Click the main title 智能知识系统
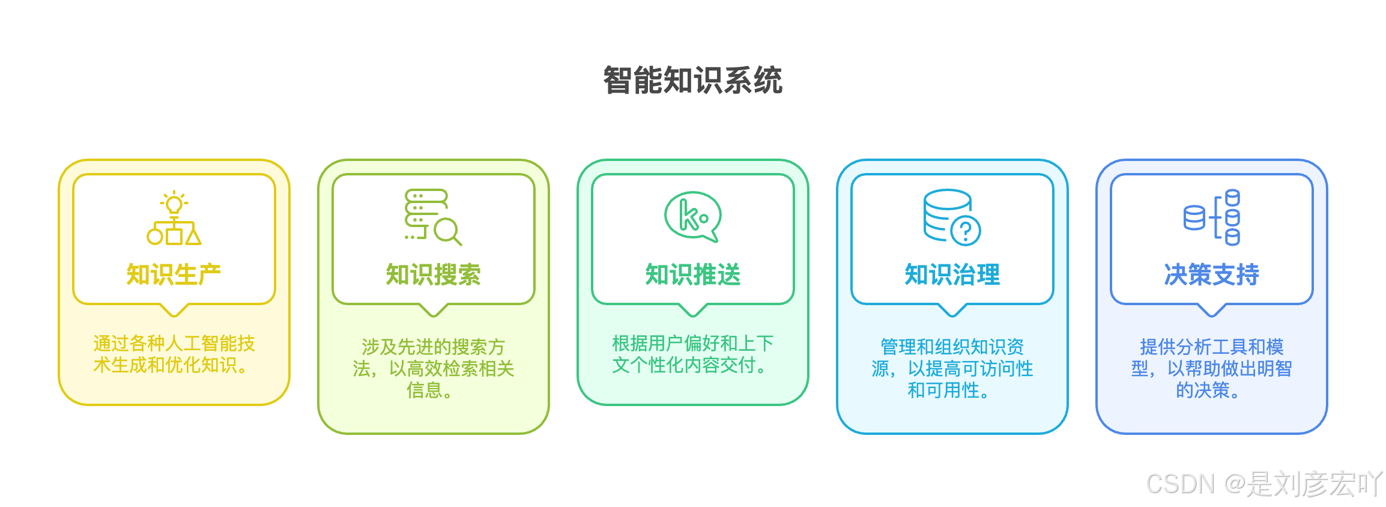[692, 80]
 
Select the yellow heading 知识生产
[174, 275]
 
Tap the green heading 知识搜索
[433, 275]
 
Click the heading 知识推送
[692, 275]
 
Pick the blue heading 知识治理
[952, 275]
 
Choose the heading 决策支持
[1211, 275]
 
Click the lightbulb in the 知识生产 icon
[174, 204]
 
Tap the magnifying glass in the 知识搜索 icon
[447, 231]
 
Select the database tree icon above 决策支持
[1212, 217]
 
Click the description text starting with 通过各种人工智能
[174, 354]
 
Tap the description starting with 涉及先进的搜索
[433, 368]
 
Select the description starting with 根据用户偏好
[692, 354]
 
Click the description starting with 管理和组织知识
[952, 368]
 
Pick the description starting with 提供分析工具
[1211, 368]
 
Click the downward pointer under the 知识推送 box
[692, 310]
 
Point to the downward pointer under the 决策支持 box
[1211, 310]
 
